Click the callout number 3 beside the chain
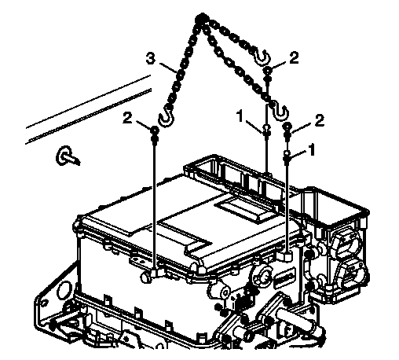click(151, 59)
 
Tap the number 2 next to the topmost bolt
click(295, 57)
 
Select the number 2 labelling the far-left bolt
click(128, 118)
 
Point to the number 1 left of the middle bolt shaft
click(240, 116)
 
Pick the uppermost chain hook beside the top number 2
click(262, 57)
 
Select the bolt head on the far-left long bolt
click(155, 130)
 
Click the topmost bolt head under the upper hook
click(267, 70)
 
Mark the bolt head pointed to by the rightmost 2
click(287, 126)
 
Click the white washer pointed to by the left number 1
click(266, 128)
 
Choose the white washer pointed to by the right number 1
click(287, 153)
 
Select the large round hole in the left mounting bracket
click(64, 290)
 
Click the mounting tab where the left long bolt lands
click(156, 273)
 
